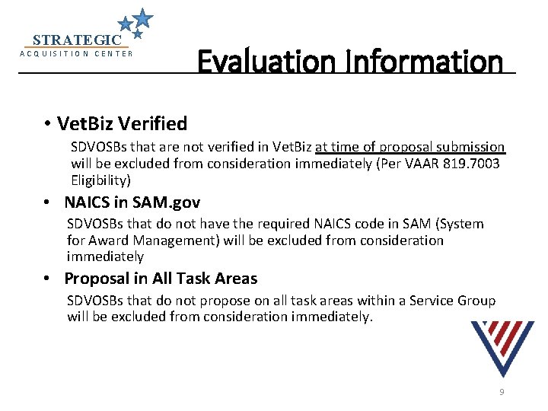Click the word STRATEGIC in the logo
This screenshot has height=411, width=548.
point(77,40)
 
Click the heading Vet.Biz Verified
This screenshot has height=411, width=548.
point(122,123)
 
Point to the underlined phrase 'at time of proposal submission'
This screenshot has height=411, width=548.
point(409,147)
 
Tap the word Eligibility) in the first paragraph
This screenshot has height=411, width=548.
point(101,180)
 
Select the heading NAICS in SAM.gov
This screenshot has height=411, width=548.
point(132,202)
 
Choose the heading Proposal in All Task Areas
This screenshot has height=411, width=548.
point(161,279)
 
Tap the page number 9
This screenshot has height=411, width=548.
point(502,392)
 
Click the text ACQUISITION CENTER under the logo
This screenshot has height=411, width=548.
point(76,53)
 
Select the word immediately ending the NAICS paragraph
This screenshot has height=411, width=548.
point(105,257)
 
